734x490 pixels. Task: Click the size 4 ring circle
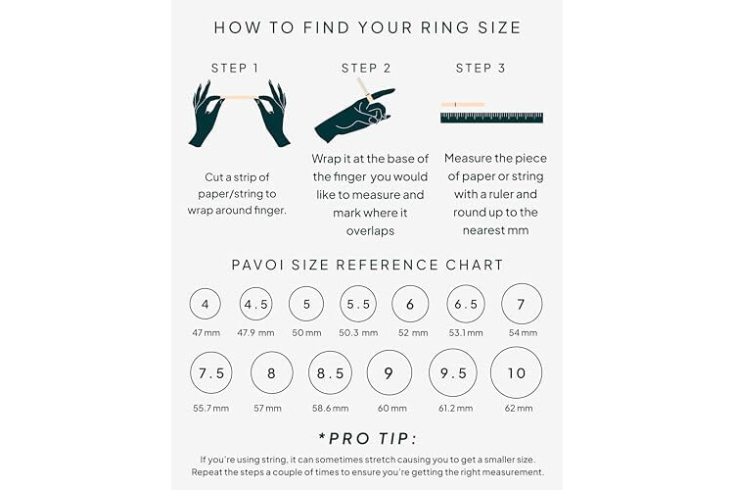click(190, 304)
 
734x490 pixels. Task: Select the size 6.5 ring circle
click(447, 304)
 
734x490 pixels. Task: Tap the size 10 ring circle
click(491, 372)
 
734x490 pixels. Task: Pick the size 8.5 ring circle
click(309, 372)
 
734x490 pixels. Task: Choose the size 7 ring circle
click(502, 304)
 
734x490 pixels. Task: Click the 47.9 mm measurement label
click(255, 333)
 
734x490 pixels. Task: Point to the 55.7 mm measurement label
click(210, 409)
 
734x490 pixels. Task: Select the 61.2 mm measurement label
click(455, 409)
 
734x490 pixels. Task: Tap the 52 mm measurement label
click(413, 333)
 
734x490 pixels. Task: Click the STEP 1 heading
click(235, 69)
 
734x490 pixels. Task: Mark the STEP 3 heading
click(481, 69)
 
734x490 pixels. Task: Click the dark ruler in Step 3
click(491, 118)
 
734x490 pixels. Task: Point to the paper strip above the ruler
click(463, 104)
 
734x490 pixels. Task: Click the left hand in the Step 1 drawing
click(206, 114)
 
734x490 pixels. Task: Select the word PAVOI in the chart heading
click(257, 265)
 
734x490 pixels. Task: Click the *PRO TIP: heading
click(367, 439)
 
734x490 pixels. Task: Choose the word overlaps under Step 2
click(370, 231)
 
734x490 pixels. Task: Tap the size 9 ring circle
click(367, 372)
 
